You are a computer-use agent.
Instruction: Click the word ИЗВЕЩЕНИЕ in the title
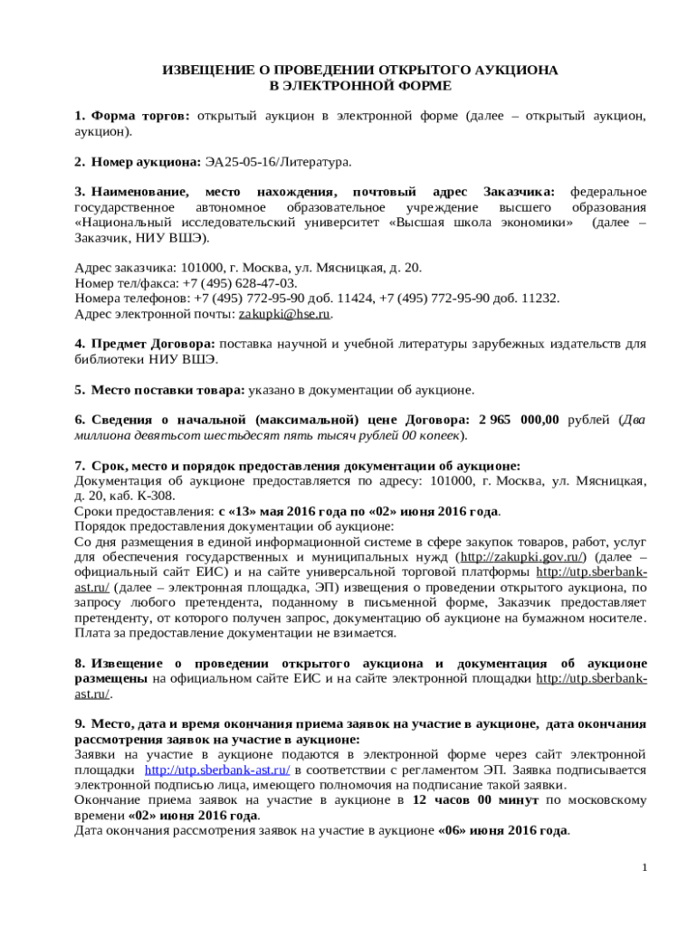point(202,70)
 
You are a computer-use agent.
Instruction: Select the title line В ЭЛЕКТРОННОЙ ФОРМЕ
point(360,85)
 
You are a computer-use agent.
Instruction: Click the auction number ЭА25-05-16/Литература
point(277,162)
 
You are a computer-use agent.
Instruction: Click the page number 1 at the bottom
point(644,868)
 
